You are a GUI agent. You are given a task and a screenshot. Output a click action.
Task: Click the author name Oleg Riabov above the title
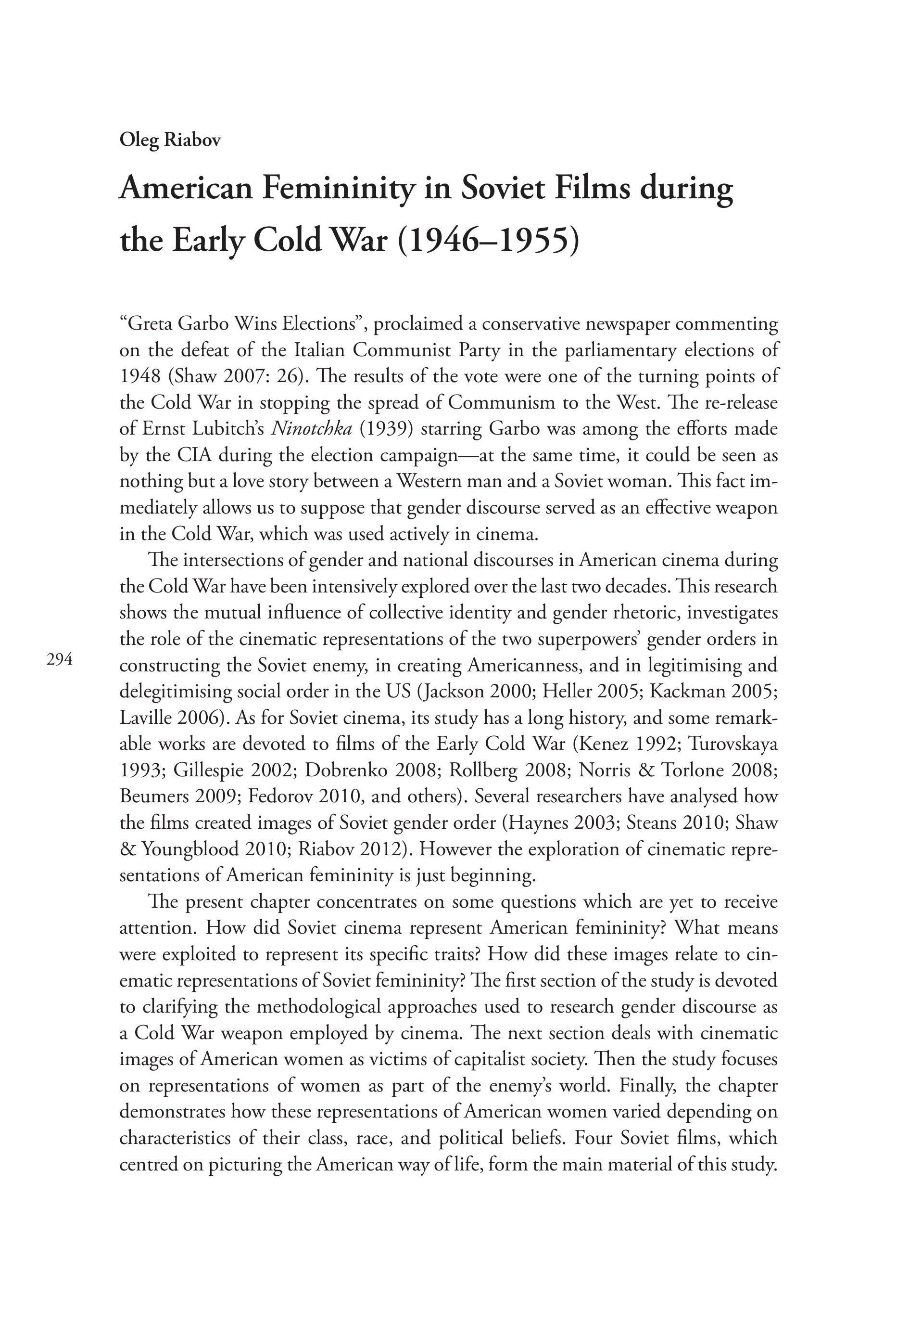click(170, 140)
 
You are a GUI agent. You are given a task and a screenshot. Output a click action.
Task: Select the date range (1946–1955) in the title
click(487, 240)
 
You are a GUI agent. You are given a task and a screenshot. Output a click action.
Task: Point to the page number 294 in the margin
click(60, 660)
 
